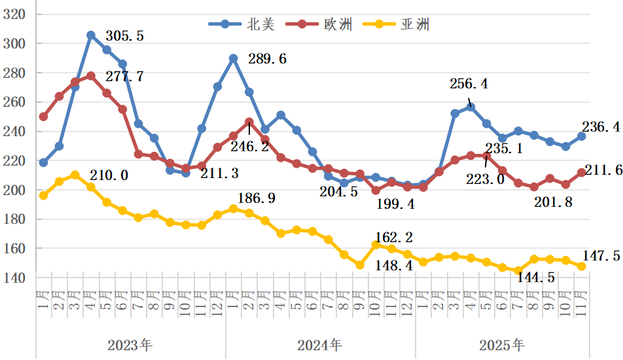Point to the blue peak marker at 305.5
[91, 35]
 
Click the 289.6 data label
[267, 59]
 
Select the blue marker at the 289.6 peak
[233, 58]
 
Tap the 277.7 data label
[124, 76]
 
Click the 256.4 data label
[469, 84]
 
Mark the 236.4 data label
[601, 128]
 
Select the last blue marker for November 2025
[581, 136]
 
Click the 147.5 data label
[601, 256]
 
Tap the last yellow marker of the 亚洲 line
[581, 266]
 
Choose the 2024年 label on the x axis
[319, 345]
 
